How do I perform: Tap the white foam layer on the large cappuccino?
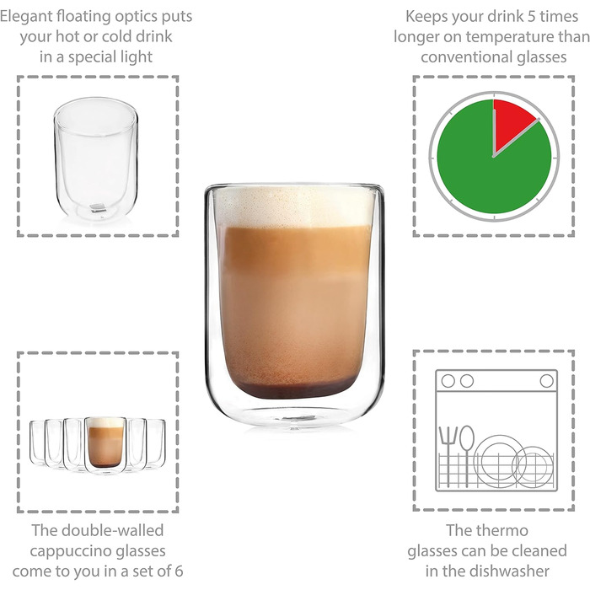pyautogui.click(x=294, y=208)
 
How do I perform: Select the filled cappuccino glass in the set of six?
pyautogui.click(x=105, y=445)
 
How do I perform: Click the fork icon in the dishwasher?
pyautogui.click(x=448, y=457)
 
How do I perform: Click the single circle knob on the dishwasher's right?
pyautogui.click(x=546, y=381)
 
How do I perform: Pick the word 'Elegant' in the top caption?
pyautogui.click(x=26, y=17)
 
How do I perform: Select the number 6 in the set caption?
pyautogui.click(x=179, y=571)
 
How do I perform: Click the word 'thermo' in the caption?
pyautogui.click(x=504, y=530)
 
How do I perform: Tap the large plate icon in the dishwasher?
pyautogui.click(x=499, y=461)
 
